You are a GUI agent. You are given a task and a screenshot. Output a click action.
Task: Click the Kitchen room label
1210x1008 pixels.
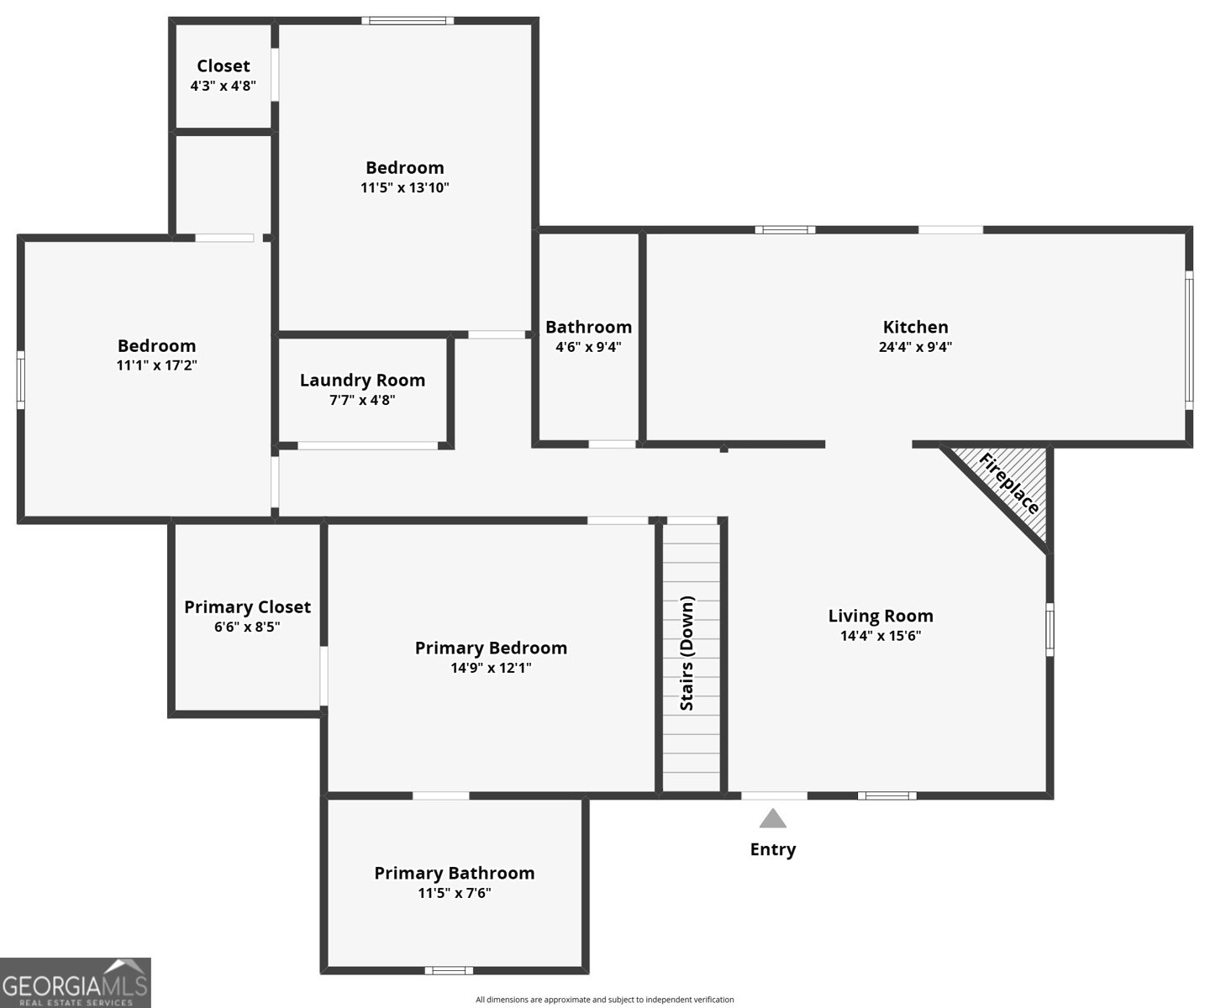pos(915,327)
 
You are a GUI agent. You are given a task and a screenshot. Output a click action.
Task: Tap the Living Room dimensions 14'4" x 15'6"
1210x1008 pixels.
pos(881,636)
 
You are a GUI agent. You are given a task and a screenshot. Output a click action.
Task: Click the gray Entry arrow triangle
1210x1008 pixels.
pos(773,818)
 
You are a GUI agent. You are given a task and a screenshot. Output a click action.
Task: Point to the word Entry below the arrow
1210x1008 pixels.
pos(773,849)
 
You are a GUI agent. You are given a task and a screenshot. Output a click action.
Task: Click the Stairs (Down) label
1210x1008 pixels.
pos(687,654)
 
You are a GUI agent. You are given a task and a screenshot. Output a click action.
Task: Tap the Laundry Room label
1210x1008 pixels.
pos(362,381)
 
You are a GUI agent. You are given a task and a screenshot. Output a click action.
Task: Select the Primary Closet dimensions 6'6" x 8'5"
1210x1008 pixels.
pos(247,627)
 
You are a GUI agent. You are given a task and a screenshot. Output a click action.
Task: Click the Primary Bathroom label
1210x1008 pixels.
pos(455,873)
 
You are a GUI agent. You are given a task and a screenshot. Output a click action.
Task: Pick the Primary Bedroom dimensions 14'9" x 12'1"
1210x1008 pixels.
pos(492,669)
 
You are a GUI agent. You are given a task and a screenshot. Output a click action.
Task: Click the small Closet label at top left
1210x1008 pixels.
pos(224,66)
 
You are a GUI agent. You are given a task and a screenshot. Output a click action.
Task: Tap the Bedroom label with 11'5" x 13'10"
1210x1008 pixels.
pos(405,167)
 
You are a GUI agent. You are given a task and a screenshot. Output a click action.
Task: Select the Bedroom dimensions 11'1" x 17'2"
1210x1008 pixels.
pos(157,365)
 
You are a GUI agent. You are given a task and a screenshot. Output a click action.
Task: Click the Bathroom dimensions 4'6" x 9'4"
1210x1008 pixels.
pos(588,347)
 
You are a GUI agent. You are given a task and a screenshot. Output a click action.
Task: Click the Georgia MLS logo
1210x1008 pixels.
pos(76,983)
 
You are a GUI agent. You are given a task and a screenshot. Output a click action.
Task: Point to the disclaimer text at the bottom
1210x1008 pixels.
pos(605,1000)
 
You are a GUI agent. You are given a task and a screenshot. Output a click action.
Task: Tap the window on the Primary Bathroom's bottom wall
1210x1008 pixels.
pos(449,971)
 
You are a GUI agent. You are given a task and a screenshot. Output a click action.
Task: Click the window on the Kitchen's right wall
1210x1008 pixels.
pos(1189,339)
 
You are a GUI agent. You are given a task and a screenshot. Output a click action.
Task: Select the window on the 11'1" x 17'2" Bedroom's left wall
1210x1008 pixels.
pos(21,381)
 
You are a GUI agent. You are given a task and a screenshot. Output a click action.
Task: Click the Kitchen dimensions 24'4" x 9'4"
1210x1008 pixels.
pos(915,347)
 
